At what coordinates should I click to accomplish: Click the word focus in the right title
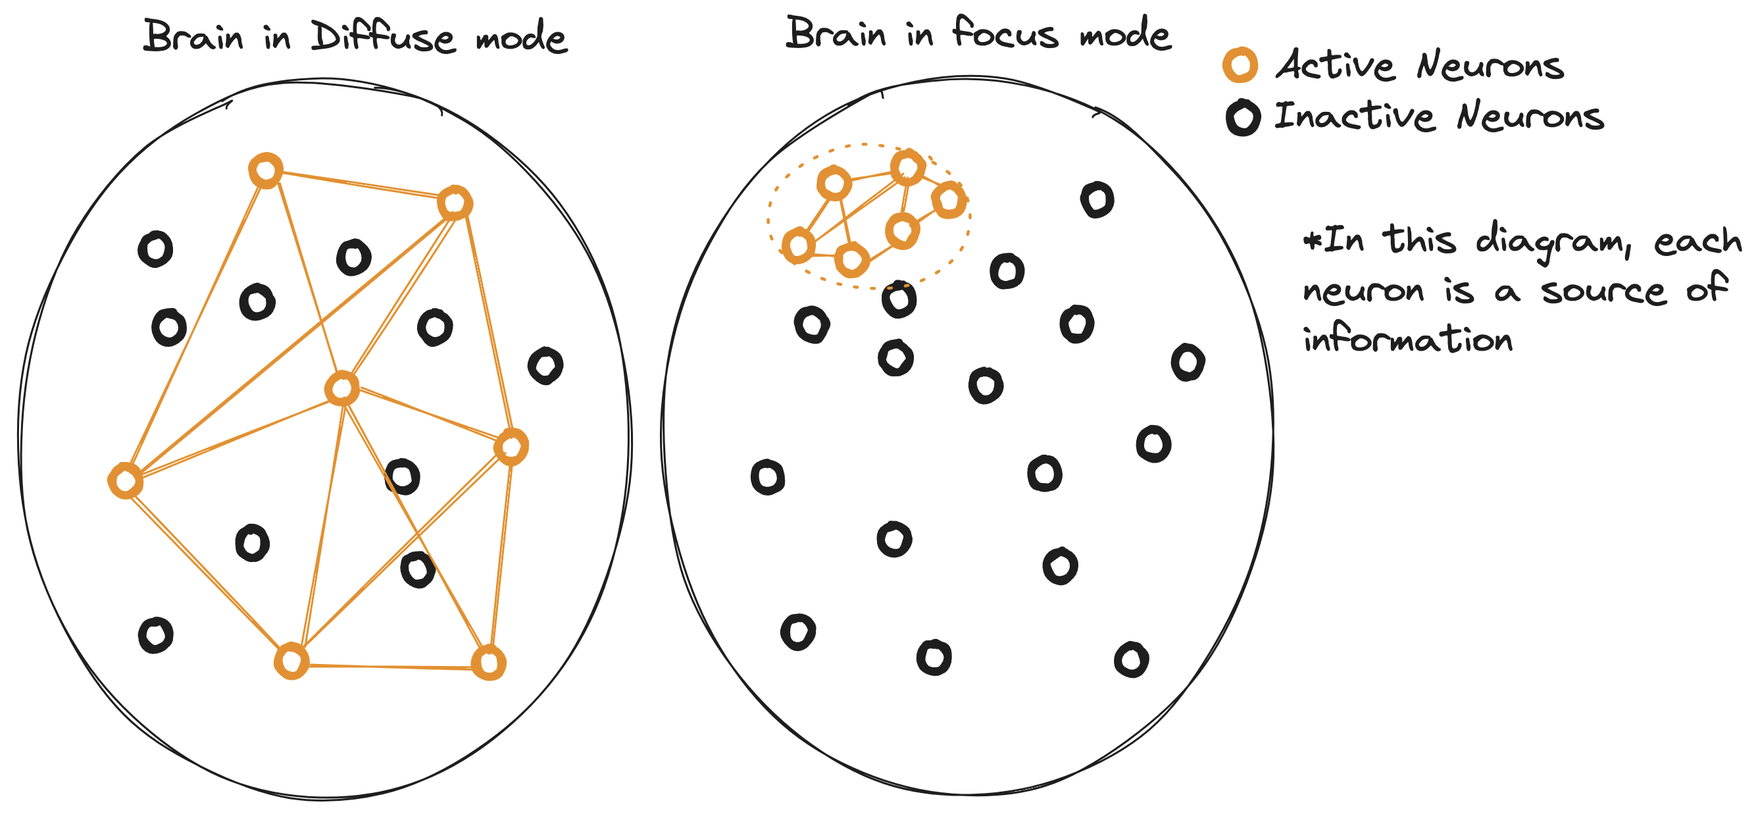click(x=1005, y=33)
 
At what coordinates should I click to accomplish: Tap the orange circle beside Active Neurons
click(x=1240, y=66)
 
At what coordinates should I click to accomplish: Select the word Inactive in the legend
click(x=1354, y=116)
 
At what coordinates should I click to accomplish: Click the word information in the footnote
click(x=1407, y=340)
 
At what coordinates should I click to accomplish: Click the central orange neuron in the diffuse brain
click(x=342, y=388)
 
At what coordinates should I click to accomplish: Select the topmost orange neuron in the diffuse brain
click(x=265, y=170)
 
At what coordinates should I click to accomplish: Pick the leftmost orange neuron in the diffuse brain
click(x=126, y=481)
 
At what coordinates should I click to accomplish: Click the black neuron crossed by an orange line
click(x=402, y=476)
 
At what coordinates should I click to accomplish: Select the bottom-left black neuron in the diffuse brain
click(x=155, y=635)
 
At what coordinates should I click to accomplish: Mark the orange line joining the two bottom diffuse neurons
click(x=389, y=666)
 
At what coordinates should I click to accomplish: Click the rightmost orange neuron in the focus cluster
click(x=949, y=200)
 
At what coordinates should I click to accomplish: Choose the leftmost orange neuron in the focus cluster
click(x=798, y=245)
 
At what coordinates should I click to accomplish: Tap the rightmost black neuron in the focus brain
click(x=1188, y=362)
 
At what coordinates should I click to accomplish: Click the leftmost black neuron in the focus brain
click(x=768, y=476)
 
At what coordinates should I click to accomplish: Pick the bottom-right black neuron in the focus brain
click(x=1131, y=659)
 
